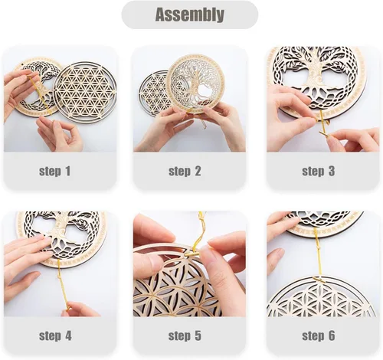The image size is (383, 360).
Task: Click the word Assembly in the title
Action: (x=190, y=15)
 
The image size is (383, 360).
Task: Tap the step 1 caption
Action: (x=54, y=171)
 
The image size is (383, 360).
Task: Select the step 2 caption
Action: (x=185, y=171)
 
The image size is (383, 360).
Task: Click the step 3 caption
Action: (x=318, y=171)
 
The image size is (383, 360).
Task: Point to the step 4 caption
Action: (x=55, y=335)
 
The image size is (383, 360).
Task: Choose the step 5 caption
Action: (x=185, y=335)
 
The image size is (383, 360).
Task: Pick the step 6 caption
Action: (x=318, y=335)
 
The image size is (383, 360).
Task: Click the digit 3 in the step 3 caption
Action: (x=331, y=171)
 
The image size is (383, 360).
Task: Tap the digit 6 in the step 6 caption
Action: (x=331, y=335)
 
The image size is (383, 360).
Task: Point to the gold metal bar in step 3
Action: (x=325, y=133)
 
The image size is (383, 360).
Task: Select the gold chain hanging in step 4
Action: (x=64, y=285)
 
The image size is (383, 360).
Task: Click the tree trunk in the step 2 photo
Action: (x=196, y=84)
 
